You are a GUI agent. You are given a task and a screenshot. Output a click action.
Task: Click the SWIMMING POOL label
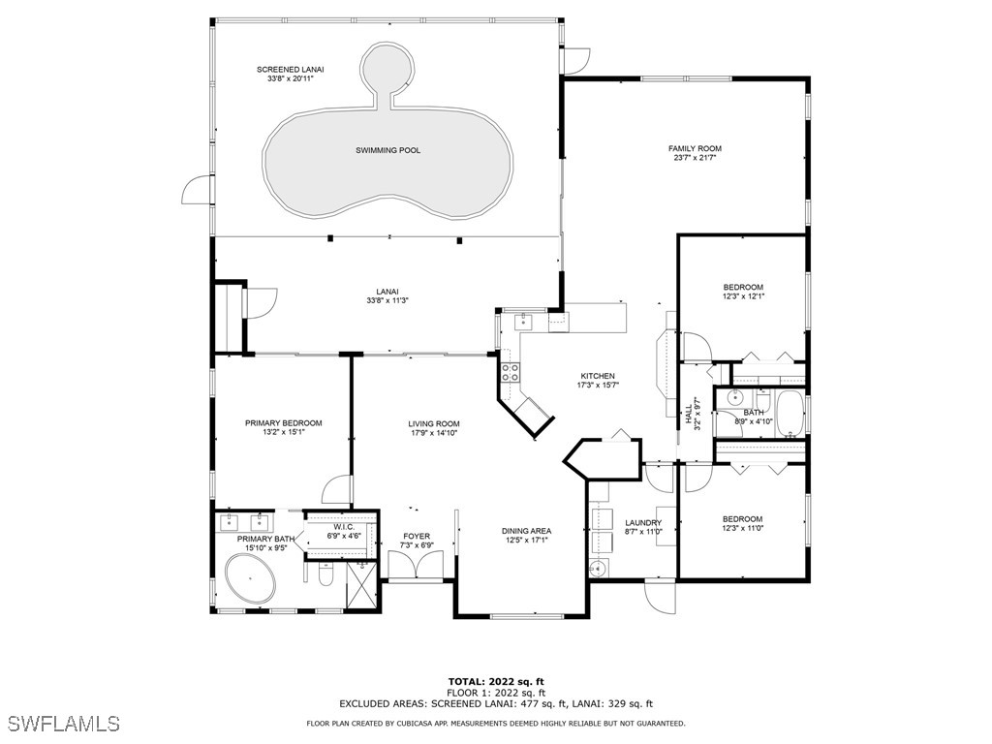[x=387, y=150]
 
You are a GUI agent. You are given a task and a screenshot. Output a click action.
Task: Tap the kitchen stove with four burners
[x=510, y=371]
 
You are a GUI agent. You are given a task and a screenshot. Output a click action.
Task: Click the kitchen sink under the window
[x=523, y=319]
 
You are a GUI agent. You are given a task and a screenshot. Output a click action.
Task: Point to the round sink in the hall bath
[x=736, y=398]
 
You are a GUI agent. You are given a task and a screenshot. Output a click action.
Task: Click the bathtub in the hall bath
[x=790, y=413]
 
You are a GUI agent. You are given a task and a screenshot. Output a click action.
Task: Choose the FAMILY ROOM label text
[x=695, y=148]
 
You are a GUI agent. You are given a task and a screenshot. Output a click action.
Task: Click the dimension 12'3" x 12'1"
[x=743, y=296]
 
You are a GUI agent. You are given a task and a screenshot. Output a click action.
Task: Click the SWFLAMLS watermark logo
[x=60, y=723]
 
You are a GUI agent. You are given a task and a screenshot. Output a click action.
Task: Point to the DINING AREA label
[x=527, y=531]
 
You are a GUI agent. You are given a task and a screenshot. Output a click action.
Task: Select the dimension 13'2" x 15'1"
[x=283, y=432]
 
